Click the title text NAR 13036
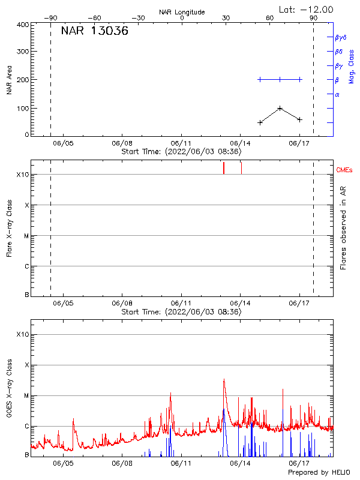pos(95,32)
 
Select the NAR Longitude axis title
pos(182,12)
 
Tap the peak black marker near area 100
pos(280,109)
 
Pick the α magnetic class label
pos(337,94)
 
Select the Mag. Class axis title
pos(352,66)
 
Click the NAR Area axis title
pos(10,79)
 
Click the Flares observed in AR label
pos(343,228)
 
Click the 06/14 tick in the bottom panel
pos(240,463)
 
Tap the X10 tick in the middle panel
pos(23,175)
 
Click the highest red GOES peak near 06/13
pos(224,379)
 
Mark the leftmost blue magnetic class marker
pos(260,79)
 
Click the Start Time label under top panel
pos(181,152)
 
